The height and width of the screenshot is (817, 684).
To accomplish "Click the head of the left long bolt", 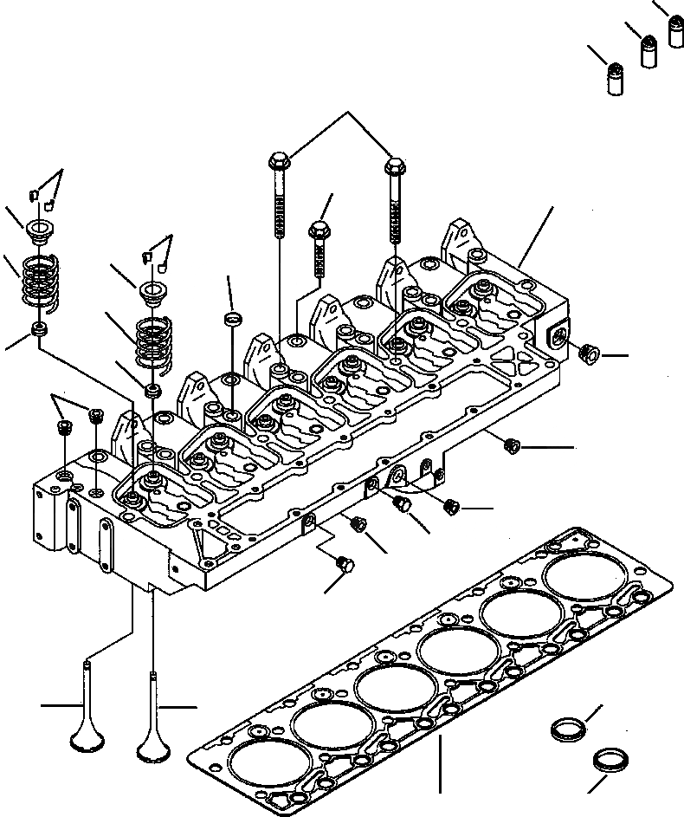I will click(x=280, y=161).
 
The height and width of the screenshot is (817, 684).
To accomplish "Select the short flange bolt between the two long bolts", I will click(x=317, y=231).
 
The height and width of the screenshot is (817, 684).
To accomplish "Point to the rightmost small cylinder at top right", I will click(x=676, y=30).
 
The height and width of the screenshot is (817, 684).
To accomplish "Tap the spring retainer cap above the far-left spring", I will click(x=38, y=232).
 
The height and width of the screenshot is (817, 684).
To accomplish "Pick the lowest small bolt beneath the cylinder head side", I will click(x=344, y=563).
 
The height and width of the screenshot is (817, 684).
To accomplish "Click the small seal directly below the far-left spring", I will click(x=38, y=330).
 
